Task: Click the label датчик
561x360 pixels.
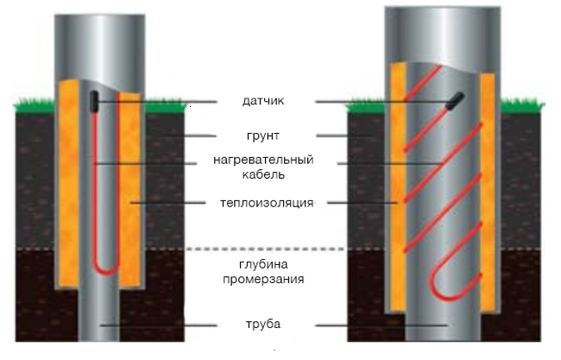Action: click(263, 101)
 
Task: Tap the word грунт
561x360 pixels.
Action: click(262, 136)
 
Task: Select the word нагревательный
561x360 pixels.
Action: click(263, 160)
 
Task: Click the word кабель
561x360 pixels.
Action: click(263, 174)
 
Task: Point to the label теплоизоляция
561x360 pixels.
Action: click(267, 203)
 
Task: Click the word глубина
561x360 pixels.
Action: click(263, 264)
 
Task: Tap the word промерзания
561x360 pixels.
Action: click(263, 279)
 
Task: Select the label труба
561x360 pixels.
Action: click(263, 325)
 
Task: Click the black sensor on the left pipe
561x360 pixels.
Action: click(94, 102)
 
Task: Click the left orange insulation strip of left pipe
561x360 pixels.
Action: click(68, 183)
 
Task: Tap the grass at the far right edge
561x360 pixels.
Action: click(522, 106)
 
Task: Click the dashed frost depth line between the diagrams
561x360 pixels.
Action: click(266, 249)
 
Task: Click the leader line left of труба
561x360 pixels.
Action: click(159, 325)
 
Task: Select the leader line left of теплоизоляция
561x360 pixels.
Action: click(167, 203)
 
